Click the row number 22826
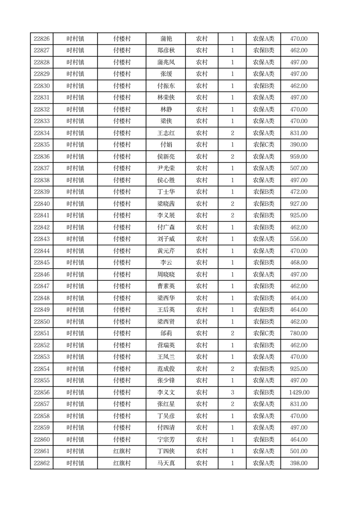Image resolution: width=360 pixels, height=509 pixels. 42,39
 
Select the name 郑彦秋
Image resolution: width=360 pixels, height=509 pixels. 166,51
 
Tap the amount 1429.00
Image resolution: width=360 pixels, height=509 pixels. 299,392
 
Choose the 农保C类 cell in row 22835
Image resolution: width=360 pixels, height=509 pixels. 263,145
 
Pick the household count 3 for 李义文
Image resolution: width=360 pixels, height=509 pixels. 233,392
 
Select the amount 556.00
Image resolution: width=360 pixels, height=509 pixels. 299,239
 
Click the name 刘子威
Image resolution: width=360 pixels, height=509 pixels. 166,239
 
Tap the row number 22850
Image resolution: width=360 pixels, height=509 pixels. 42,322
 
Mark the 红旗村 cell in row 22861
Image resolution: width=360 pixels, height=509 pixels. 122,451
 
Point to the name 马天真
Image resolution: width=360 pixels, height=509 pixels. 166,463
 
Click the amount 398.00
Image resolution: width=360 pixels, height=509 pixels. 299,463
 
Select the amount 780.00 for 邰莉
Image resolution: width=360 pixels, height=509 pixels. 299,333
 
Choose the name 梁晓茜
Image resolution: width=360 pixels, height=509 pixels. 166,204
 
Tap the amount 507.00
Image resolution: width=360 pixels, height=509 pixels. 299,168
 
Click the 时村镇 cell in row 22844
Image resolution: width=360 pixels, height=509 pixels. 75,251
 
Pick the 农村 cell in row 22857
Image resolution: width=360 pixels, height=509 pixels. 202,404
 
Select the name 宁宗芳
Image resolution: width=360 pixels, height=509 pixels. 166,440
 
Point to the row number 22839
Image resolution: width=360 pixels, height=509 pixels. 42,192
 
